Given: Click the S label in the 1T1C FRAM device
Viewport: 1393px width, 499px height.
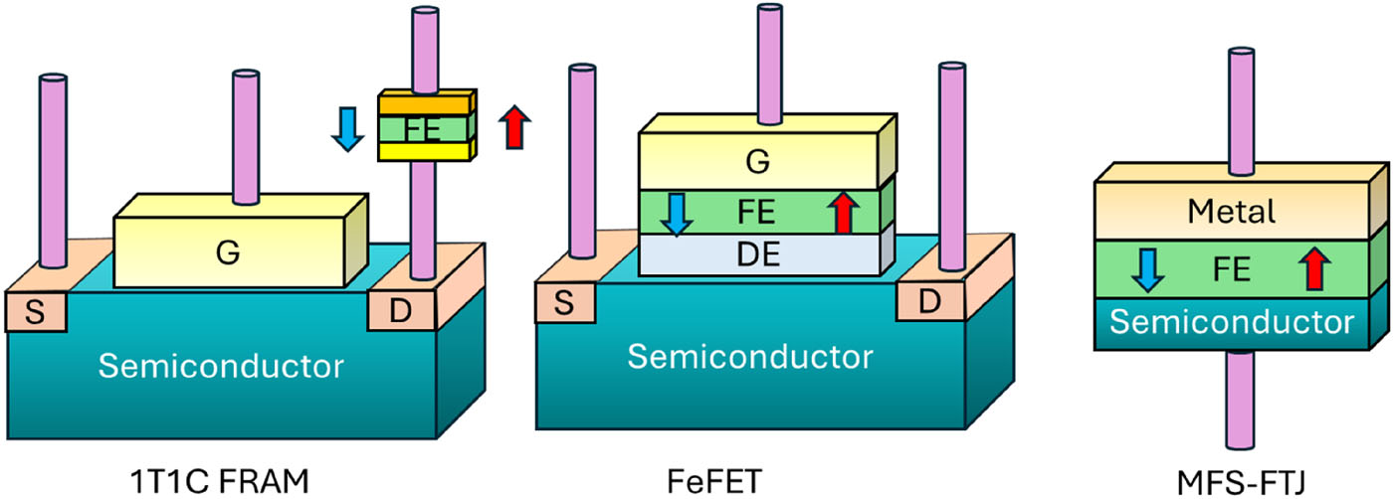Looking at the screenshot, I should tap(35, 310).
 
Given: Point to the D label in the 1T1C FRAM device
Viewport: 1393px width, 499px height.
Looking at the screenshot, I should tap(398, 310).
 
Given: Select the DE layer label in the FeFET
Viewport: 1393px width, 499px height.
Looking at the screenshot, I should tap(760, 255).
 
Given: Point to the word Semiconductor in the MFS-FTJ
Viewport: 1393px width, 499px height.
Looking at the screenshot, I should tap(1233, 322).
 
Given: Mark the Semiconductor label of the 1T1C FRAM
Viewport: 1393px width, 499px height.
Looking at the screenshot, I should tap(220, 367).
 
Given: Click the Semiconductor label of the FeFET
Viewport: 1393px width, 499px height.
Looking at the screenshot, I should tap(748, 355).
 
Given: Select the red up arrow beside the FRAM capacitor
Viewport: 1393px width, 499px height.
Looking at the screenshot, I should tap(513, 127).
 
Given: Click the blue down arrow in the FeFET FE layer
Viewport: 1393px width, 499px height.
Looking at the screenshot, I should tap(676, 213).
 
